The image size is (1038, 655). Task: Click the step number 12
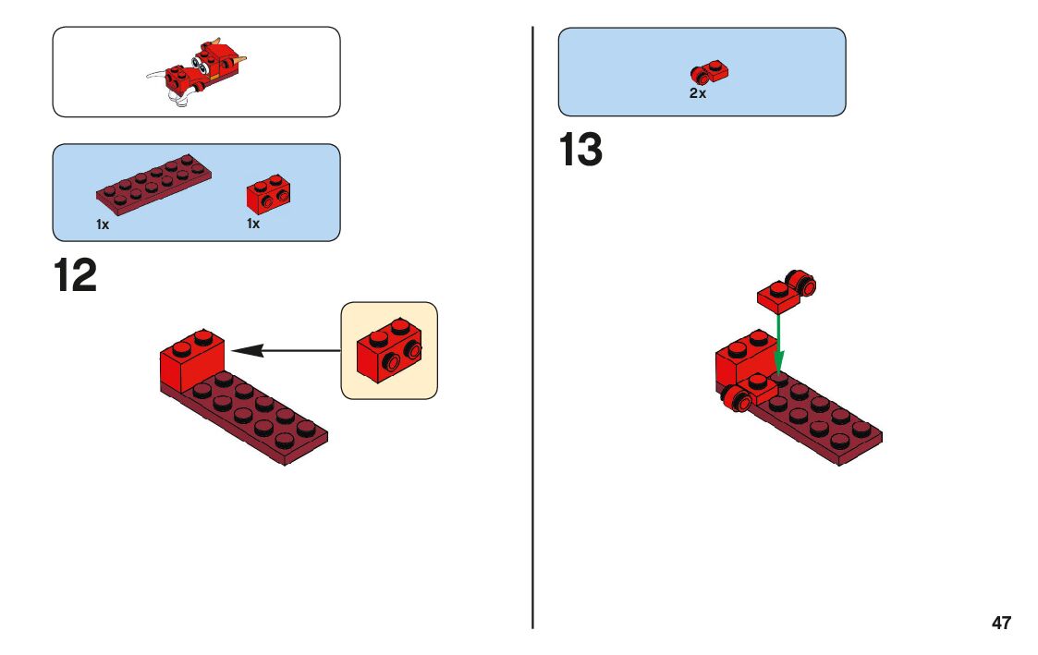click(75, 276)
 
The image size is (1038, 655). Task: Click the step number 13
click(580, 151)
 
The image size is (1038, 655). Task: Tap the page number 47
click(1001, 623)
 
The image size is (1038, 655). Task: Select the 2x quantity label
click(697, 93)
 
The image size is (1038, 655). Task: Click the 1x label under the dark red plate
click(103, 224)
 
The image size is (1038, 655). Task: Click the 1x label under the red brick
click(252, 224)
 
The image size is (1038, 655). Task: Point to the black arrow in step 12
click(287, 350)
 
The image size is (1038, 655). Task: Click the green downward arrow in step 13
click(779, 342)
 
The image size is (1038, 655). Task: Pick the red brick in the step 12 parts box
click(264, 192)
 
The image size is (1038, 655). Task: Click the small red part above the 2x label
click(709, 72)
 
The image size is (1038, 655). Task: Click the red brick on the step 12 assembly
click(192, 359)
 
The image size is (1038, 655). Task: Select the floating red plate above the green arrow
click(778, 295)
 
